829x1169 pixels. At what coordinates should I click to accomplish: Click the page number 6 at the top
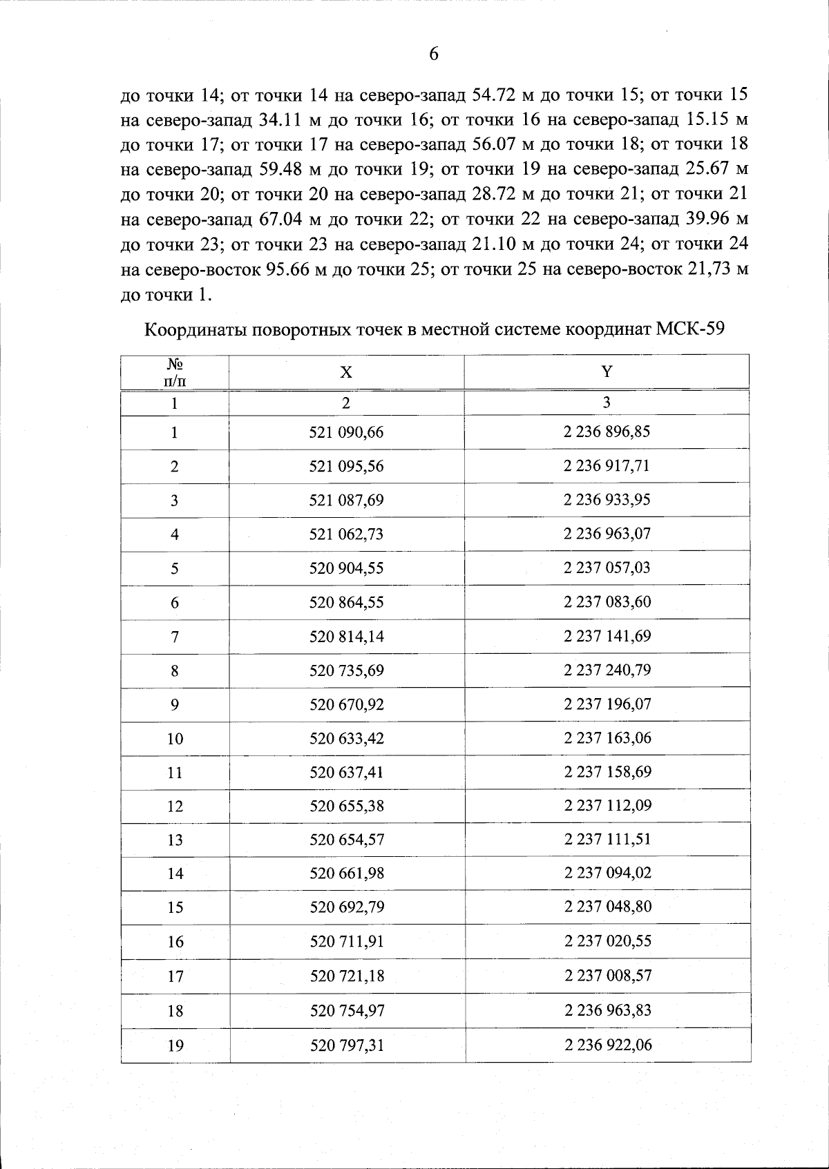434,54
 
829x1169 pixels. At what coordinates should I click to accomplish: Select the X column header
346,372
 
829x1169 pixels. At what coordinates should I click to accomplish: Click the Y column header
607,371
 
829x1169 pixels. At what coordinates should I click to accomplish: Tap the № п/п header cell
174,372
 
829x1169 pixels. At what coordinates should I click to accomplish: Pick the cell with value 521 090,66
346,433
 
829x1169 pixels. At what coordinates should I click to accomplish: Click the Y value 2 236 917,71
607,466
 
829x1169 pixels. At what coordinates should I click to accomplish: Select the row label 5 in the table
175,568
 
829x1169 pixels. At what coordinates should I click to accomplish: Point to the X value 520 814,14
346,636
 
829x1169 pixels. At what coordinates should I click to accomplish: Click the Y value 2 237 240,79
607,670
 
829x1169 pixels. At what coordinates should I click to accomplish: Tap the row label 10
175,739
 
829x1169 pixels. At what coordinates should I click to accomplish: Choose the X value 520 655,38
346,806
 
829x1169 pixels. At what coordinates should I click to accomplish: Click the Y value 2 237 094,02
607,873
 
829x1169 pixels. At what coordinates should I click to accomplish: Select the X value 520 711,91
346,941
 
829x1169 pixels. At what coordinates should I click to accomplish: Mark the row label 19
175,1046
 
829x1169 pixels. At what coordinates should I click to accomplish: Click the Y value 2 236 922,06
607,1045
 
